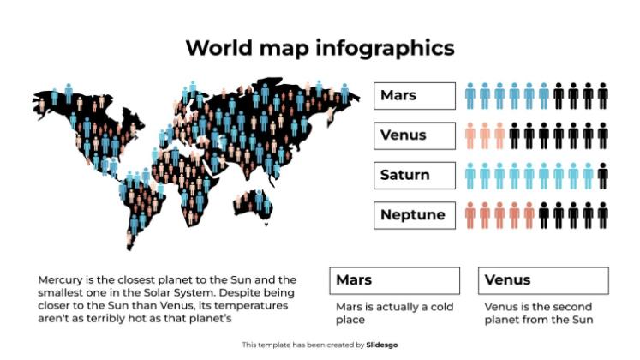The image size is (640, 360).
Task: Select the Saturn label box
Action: [x=414, y=175]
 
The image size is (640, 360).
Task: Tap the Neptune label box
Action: [x=414, y=214]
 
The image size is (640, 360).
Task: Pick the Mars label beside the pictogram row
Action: [x=414, y=95]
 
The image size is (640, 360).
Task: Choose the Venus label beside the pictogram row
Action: [x=414, y=135]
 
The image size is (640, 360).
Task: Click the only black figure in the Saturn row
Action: [x=602, y=175]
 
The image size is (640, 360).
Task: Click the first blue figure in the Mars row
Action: [x=470, y=95]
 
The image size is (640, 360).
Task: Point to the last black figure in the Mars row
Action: [x=602, y=95]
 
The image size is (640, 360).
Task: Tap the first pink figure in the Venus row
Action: [x=470, y=135]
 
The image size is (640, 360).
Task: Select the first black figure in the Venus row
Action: [x=515, y=135]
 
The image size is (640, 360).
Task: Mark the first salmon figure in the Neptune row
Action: [x=470, y=215]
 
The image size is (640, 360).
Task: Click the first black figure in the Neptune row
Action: [x=544, y=215]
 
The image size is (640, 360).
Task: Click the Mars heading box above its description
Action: [x=394, y=280]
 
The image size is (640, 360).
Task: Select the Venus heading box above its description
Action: [x=543, y=280]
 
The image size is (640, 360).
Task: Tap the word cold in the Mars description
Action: [x=440, y=306]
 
